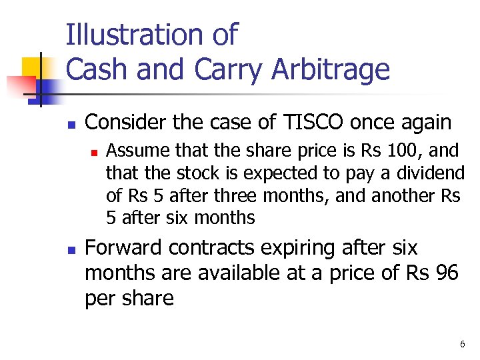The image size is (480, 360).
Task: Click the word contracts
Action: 211,248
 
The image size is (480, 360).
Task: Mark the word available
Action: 216,273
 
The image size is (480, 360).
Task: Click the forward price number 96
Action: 447,273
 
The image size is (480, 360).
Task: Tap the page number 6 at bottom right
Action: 462,344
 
